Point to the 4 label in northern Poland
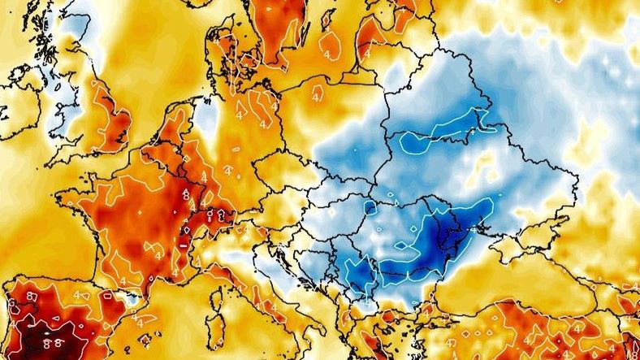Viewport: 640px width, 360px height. click(x=315, y=96)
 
